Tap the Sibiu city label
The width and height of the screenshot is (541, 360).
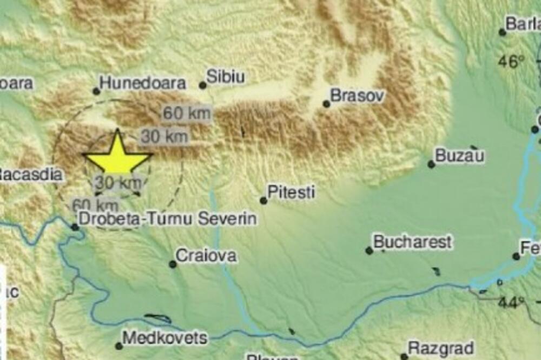pyautogui.click(x=226, y=77)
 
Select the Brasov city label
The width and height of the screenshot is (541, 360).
pyautogui.click(x=358, y=96)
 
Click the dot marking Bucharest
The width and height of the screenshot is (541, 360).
pyautogui.click(x=369, y=250)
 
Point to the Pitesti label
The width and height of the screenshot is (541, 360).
pyautogui.click(x=292, y=192)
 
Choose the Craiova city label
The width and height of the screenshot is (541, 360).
pyautogui.click(x=207, y=256)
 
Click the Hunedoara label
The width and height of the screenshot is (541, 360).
pyautogui.click(x=143, y=83)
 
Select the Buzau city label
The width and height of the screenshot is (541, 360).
pyautogui.click(x=460, y=156)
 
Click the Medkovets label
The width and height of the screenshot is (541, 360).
pyautogui.click(x=165, y=338)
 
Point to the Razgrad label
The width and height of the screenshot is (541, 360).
pyautogui.click(x=441, y=348)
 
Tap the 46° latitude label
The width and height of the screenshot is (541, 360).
pyautogui.click(x=511, y=61)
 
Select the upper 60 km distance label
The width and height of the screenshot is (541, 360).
pyautogui.click(x=187, y=114)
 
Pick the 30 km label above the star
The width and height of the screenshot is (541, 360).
pyautogui.click(x=165, y=137)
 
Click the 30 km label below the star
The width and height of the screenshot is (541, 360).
pyautogui.click(x=118, y=183)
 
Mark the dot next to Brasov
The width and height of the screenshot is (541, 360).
pyautogui.click(x=326, y=104)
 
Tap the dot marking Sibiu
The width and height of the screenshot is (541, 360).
pyautogui.click(x=203, y=85)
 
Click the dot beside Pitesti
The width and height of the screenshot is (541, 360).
pyautogui.click(x=263, y=201)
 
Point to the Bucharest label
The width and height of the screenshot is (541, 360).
pyautogui.click(x=412, y=242)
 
